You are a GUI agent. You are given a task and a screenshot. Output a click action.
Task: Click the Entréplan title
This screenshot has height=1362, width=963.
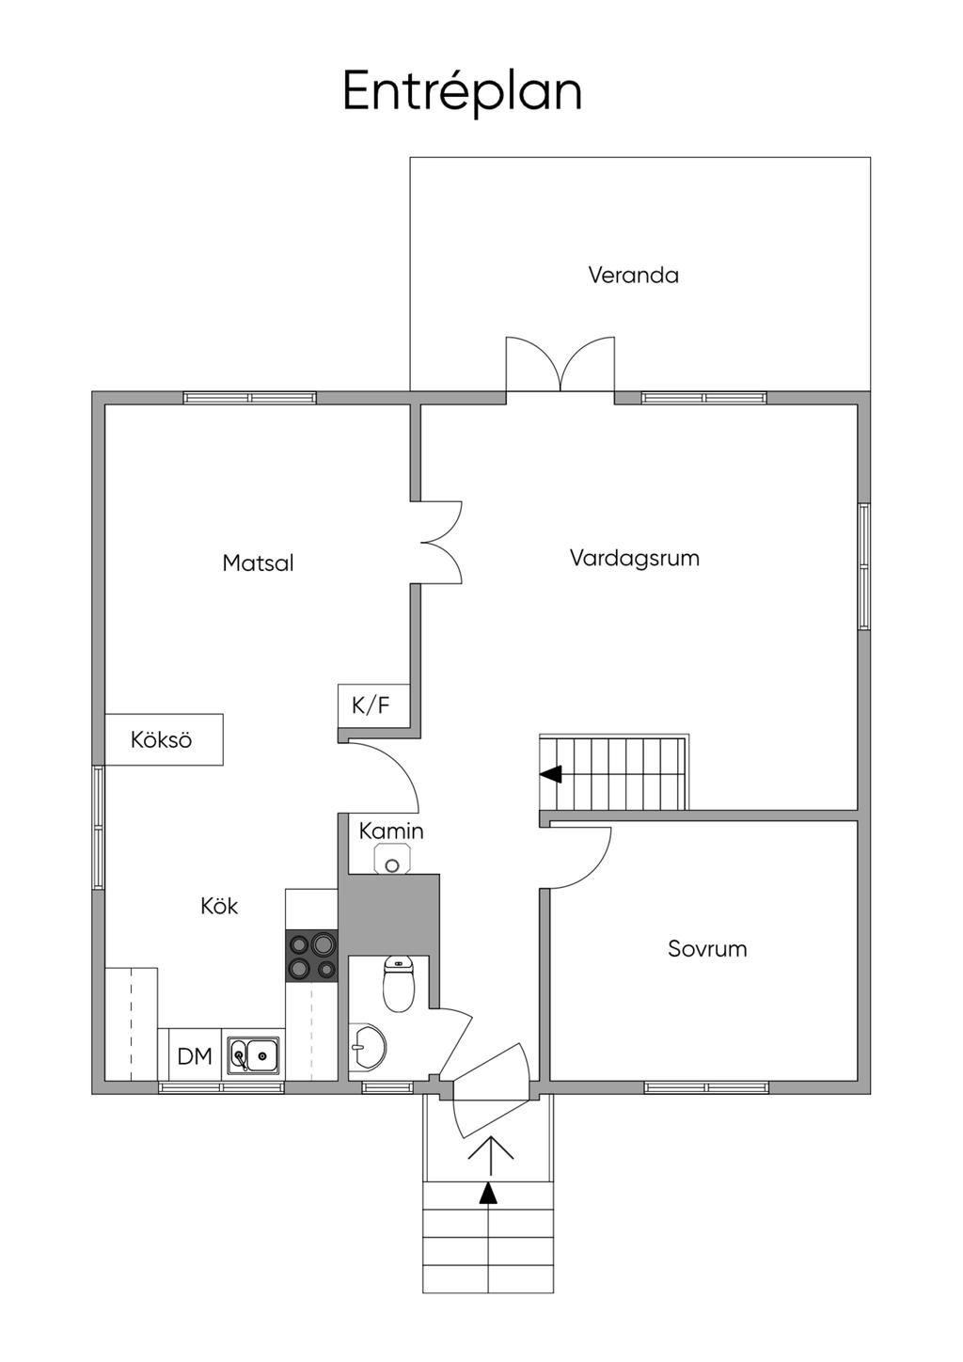point(462,92)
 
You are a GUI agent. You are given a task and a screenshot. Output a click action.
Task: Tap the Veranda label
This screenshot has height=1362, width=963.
point(633,275)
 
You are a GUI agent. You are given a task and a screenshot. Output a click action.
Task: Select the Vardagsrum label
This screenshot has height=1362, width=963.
point(634,558)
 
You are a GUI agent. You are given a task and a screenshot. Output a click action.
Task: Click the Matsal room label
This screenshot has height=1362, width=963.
point(258,562)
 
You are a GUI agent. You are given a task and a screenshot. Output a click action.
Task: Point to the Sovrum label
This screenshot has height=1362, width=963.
point(707,948)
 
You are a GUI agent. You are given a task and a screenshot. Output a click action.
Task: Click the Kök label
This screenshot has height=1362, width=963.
point(219,906)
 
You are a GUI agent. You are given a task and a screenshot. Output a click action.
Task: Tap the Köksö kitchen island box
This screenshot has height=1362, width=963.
point(163,739)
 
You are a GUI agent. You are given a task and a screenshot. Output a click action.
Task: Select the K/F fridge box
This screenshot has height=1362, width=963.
point(371,705)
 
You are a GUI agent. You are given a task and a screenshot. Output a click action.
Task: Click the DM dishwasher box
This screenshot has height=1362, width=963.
point(195,1055)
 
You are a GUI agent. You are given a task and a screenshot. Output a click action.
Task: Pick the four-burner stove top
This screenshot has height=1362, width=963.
point(312,956)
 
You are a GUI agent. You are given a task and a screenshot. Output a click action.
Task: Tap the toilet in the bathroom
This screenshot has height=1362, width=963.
point(399,983)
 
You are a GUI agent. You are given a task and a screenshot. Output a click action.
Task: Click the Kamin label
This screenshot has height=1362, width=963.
point(391,831)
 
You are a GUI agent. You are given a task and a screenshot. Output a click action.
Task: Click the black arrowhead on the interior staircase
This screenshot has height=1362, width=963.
point(551,774)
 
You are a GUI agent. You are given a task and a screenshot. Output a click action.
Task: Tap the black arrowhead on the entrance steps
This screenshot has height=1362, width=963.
point(487,1193)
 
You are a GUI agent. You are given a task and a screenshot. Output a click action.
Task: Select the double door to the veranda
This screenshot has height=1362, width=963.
point(560,366)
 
